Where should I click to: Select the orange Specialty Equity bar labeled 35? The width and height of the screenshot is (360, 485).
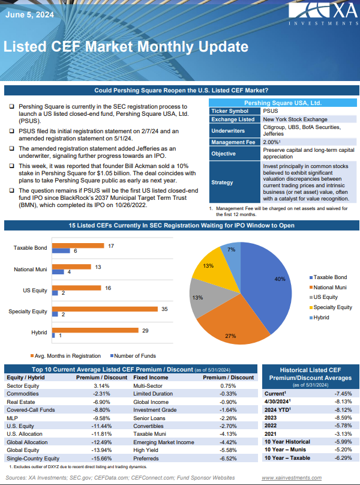coord(105,309)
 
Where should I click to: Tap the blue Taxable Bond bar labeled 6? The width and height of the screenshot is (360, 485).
coord(61,251)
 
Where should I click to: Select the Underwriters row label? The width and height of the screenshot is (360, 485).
coord(227,130)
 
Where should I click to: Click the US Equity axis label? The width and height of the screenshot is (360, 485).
coord(35,290)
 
